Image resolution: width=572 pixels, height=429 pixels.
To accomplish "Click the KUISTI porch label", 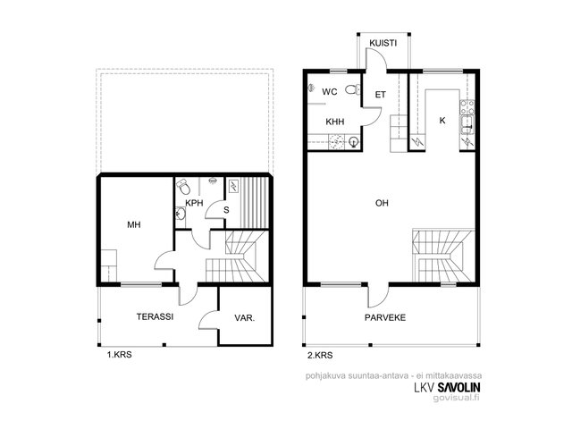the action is point(383,43).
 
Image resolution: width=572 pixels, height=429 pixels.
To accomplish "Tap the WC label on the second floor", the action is point(330,92).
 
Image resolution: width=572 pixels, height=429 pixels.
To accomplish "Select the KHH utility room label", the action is point(335,122).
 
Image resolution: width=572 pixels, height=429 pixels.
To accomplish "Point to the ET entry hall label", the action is point(381,95).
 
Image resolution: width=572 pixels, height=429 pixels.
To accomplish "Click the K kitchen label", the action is point(442,121).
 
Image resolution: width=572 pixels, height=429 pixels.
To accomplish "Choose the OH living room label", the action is point(382,203).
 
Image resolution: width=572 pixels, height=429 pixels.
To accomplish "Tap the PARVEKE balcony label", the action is point(385,318).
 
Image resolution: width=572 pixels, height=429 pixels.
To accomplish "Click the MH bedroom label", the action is point(134,224).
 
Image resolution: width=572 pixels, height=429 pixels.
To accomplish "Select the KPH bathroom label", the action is point(194,203).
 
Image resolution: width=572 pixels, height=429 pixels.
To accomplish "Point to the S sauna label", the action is point(226,210).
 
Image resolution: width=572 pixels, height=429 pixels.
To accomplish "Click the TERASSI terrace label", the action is point(155,316).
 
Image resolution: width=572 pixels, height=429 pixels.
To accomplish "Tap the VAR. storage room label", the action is point(244,318).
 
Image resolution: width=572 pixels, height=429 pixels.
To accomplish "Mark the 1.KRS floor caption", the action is point(119,354).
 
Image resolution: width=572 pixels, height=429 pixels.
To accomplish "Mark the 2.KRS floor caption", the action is point(320,355).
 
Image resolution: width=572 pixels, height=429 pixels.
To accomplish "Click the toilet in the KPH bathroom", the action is point(184,187).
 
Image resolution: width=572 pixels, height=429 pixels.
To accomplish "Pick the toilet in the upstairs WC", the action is point(353,89).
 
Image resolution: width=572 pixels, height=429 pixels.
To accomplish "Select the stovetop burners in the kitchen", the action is point(467,107).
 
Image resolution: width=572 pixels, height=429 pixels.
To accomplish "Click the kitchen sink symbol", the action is point(467,125).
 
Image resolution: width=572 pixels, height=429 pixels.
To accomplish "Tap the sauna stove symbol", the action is point(232,186).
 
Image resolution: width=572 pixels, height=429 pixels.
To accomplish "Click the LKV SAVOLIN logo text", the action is point(447,387).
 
